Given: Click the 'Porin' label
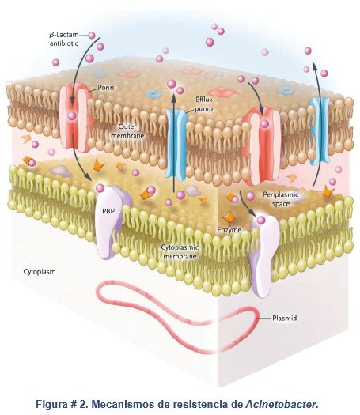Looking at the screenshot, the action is pos(106,87).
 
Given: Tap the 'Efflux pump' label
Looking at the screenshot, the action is pos(204,104).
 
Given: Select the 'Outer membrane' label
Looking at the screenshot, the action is pos(127,131).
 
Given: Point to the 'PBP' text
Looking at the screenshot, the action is pos(108,211).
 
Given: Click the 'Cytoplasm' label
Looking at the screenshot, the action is pos(40,272).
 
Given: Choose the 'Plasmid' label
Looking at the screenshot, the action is pos(285,318).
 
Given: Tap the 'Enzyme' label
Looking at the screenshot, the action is pos(229,230).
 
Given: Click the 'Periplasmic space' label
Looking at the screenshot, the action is pos(281,199).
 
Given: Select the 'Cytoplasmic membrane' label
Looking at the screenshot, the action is pos(180,251).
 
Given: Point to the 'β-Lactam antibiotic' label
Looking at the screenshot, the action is pos(64,39).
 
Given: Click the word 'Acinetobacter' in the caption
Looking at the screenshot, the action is pos(282,404).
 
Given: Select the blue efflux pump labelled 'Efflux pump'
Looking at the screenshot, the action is pos(176,143).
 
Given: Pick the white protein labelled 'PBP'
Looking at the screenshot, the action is pos(112,222).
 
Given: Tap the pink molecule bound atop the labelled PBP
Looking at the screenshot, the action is pos(100,188).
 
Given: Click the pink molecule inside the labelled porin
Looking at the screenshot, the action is pos(72,115).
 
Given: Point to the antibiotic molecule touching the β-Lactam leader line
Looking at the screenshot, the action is pos(92,36).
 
